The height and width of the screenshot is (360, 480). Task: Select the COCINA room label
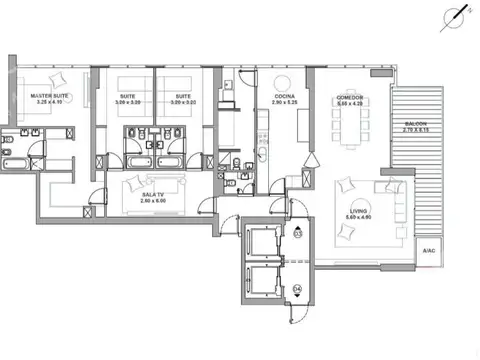tap(283, 96)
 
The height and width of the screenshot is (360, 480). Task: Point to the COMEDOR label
tap(349, 96)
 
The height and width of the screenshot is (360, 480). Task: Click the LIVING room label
tap(357, 210)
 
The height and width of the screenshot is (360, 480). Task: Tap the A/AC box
tap(427, 249)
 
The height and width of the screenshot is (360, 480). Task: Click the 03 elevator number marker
tap(298, 236)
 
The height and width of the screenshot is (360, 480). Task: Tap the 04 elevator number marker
tap(298, 291)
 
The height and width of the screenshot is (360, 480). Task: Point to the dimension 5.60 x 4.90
tap(357, 217)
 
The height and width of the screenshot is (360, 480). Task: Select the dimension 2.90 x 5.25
tap(283, 103)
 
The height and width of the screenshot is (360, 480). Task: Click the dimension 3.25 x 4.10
tap(48, 102)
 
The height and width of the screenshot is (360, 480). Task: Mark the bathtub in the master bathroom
tap(17, 162)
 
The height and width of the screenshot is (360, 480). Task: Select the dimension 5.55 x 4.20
tap(349, 103)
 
